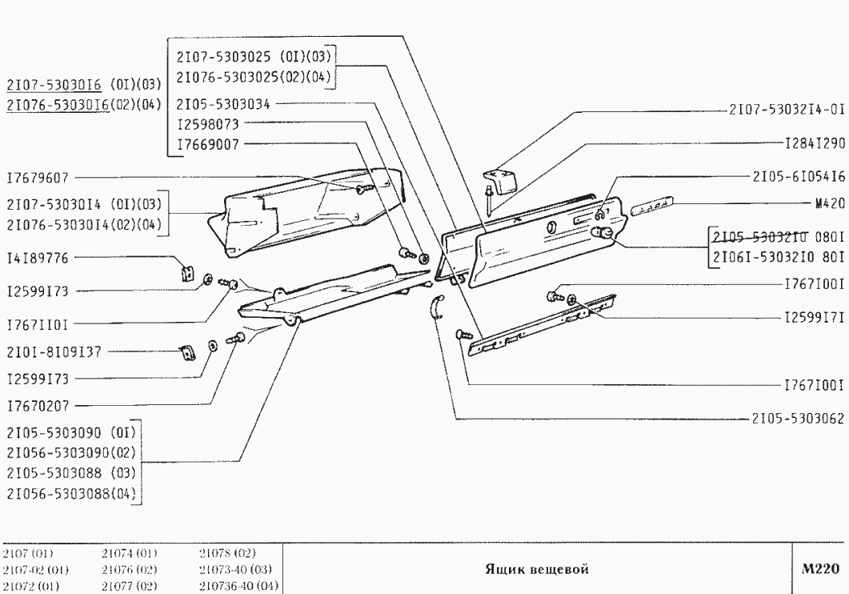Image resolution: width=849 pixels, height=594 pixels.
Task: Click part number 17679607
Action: (x=38, y=200)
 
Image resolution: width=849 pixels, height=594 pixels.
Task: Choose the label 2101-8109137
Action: (x=50, y=350)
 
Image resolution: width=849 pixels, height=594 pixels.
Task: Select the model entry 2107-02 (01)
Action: (x=35, y=569)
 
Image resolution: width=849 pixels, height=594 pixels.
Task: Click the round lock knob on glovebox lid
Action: (x=605, y=233)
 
